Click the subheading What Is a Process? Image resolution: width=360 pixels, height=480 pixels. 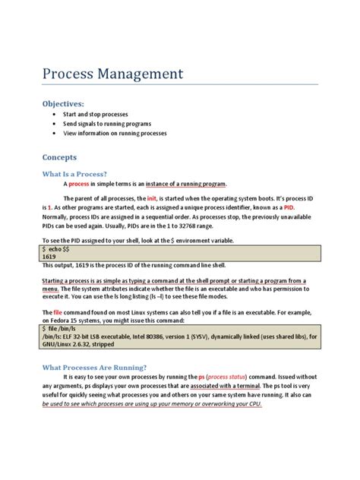click(x=74, y=174)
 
